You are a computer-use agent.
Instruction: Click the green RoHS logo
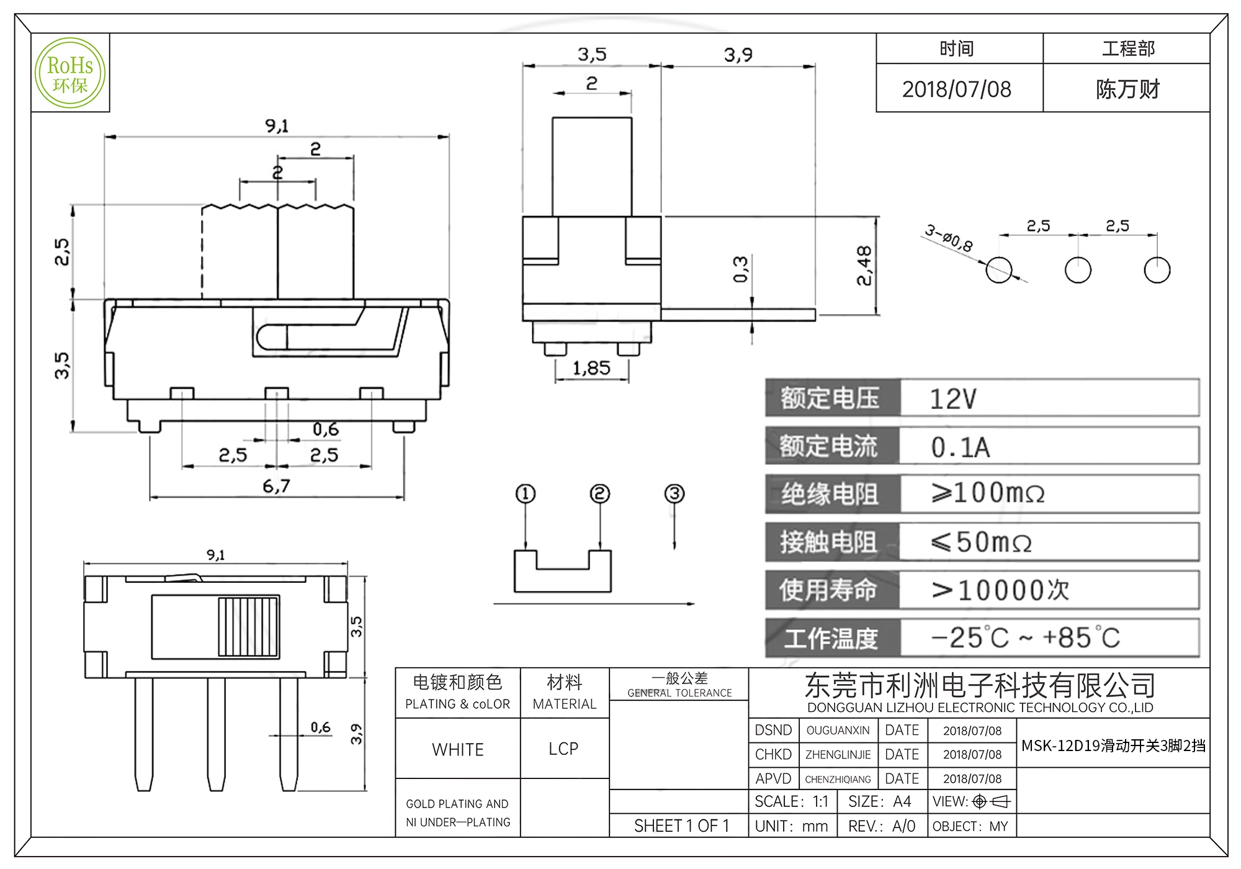pyautogui.click(x=70, y=73)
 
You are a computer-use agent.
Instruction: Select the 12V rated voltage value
pyautogui.click(x=953, y=399)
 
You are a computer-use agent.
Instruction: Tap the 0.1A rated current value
pyautogui.click(x=960, y=448)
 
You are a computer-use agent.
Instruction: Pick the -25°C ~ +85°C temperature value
pyautogui.click(x=1026, y=638)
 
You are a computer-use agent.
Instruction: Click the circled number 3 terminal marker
pyautogui.click(x=674, y=494)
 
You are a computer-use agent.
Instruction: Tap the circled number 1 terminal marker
pyautogui.click(x=526, y=494)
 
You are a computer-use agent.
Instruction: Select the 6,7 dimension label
pyautogui.click(x=276, y=486)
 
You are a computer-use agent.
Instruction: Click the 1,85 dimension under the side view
pyautogui.click(x=591, y=369)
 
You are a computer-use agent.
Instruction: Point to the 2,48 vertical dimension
pyautogui.click(x=864, y=266)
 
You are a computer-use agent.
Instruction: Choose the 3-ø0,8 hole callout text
pyautogui.click(x=949, y=238)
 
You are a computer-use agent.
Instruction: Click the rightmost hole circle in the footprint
pyautogui.click(x=1157, y=270)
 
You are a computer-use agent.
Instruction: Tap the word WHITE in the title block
pyautogui.click(x=458, y=750)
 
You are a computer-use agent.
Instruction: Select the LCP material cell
pyautogui.click(x=563, y=749)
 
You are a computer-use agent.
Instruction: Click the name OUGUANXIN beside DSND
pyautogui.click(x=838, y=731)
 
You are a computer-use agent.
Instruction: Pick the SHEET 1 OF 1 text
pyautogui.click(x=681, y=826)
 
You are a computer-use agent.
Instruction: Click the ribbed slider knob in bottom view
pyautogui.click(x=248, y=627)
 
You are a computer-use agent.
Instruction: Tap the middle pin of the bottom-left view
pyautogui.click(x=216, y=734)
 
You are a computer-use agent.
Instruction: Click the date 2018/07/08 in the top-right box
pyautogui.click(x=957, y=89)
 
